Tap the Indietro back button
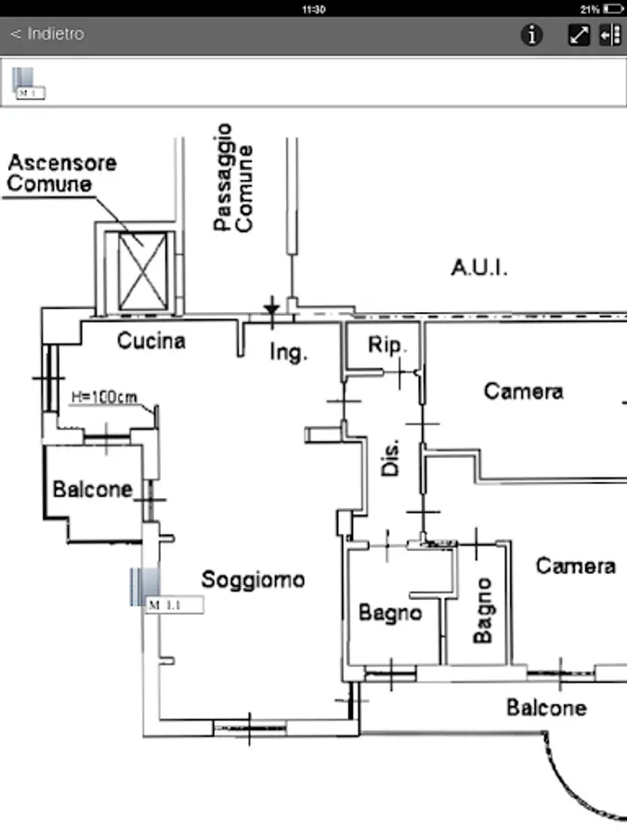pyautogui.click(x=47, y=34)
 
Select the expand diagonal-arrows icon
pyautogui.click(x=579, y=35)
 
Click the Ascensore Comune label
pyautogui.click(x=62, y=173)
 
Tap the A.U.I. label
pyautogui.click(x=479, y=268)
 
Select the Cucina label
pyautogui.click(x=150, y=342)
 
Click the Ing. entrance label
pyautogui.click(x=287, y=353)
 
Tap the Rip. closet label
pyautogui.click(x=386, y=346)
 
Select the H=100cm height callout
pyautogui.click(x=104, y=398)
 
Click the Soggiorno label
pyautogui.click(x=253, y=580)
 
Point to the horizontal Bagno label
pyautogui.click(x=390, y=613)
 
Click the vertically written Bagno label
pyautogui.click(x=482, y=610)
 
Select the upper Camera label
pyautogui.click(x=523, y=391)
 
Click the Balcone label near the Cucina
pyautogui.click(x=92, y=489)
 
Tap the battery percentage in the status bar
pyautogui.click(x=589, y=8)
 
